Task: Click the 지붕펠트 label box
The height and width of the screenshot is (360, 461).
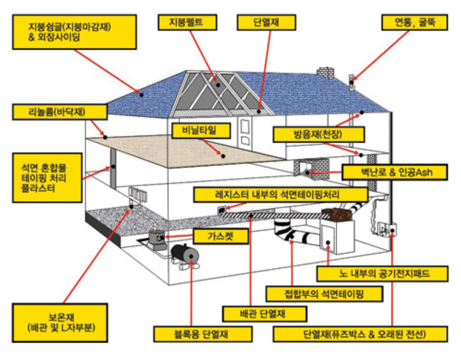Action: [x=187, y=22]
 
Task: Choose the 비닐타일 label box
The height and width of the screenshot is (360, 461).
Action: [x=200, y=130]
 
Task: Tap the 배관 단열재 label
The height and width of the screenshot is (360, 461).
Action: [x=265, y=314]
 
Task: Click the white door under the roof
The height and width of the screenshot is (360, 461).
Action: [x=246, y=132]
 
